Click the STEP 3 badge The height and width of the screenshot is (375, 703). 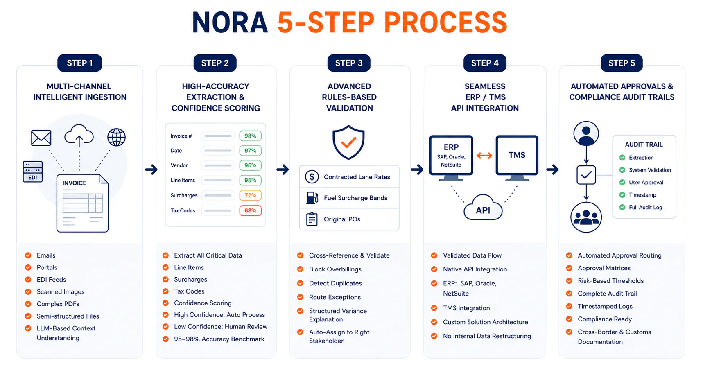(x=349, y=63)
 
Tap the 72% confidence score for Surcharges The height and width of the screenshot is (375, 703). (x=250, y=195)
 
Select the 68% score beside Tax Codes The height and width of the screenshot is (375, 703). (x=250, y=210)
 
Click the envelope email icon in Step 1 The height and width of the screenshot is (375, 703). (x=41, y=138)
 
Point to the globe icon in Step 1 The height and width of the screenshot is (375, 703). (x=116, y=137)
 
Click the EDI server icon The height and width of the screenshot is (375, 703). (x=33, y=172)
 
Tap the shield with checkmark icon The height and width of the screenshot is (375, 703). (x=348, y=142)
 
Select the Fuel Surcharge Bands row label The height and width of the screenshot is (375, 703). (x=355, y=198)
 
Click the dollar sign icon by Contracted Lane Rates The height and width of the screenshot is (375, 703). (x=312, y=177)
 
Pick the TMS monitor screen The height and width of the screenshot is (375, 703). (x=517, y=156)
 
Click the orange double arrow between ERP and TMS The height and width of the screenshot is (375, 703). (x=484, y=156)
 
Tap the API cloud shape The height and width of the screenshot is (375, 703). (x=483, y=208)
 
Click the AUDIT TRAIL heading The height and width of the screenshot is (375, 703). (x=644, y=145)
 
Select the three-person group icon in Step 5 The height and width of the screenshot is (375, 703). (x=586, y=217)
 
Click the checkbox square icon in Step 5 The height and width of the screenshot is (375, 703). (x=586, y=175)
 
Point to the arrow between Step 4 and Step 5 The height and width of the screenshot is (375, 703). (x=552, y=169)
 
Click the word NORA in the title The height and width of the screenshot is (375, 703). (x=230, y=23)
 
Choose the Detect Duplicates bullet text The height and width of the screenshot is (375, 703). (x=335, y=283)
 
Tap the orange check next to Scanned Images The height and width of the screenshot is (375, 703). (x=28, y=292)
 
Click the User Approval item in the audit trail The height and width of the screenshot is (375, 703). (x=646, y=183)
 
